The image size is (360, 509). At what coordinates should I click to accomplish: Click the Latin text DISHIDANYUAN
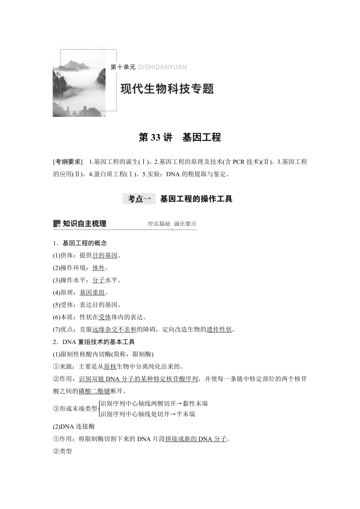click(x=162, y=67)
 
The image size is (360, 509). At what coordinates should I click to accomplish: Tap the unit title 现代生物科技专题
click(x=167, y=89)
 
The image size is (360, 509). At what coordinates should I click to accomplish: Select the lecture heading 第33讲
click(x=155, y=137)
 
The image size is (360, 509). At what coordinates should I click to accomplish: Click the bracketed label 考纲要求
click(x=67, y=162)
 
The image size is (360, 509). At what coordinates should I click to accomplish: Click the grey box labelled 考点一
click(x=139, y=199)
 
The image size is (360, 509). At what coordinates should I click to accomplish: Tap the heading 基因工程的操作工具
click(x=196, y=199)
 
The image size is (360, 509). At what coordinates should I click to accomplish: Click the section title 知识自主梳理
click(x=84, y=224)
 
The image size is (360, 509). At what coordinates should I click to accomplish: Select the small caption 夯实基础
click(x=158, y=224)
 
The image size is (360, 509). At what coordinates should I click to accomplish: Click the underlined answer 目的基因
click(x=105, y=256)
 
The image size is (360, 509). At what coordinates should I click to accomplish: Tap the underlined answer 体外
click(x=99, y=268)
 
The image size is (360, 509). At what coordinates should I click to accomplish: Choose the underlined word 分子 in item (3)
click(x=99, y=280)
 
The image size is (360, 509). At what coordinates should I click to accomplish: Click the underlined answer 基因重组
click(x=92, y=293)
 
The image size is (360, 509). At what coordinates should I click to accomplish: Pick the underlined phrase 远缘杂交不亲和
click(x=114, y=329)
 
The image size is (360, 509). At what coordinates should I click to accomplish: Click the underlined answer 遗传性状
click(x=219, y=329)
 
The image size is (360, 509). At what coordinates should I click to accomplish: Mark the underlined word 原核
click(x=110, y=367)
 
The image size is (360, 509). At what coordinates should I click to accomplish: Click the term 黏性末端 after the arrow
click(x=195, y=404)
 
